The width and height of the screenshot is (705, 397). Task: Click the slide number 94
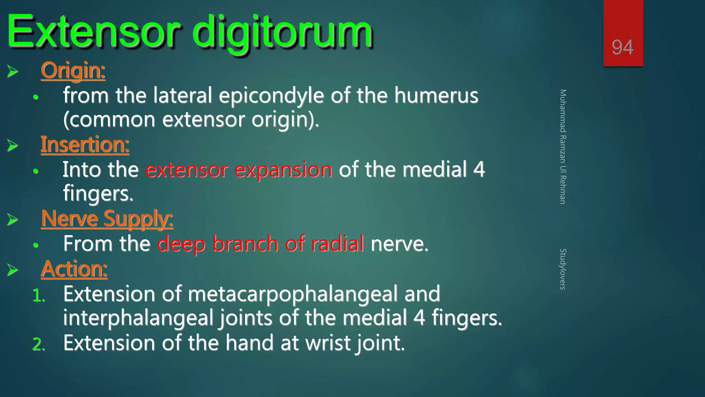[622, 47]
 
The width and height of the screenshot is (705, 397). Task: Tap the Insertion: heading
[85, 144]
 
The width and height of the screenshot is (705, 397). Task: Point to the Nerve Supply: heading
[107, 219]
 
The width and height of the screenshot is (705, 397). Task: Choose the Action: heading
[74, 269]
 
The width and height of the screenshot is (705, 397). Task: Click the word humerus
[436, 95]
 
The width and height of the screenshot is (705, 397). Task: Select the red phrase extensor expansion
[239, 170]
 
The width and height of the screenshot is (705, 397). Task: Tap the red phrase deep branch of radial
[261, 244]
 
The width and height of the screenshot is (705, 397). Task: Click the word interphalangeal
[138, 318]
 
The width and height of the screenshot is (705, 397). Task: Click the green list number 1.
[39, 296]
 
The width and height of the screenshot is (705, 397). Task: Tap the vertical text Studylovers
[562, 269]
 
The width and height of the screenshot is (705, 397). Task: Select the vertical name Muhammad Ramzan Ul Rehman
[562, 147]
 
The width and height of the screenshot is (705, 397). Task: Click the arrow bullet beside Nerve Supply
[12, 220]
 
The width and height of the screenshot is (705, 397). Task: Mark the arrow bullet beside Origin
[12, 71]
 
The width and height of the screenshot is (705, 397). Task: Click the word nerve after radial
[399, 244]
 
